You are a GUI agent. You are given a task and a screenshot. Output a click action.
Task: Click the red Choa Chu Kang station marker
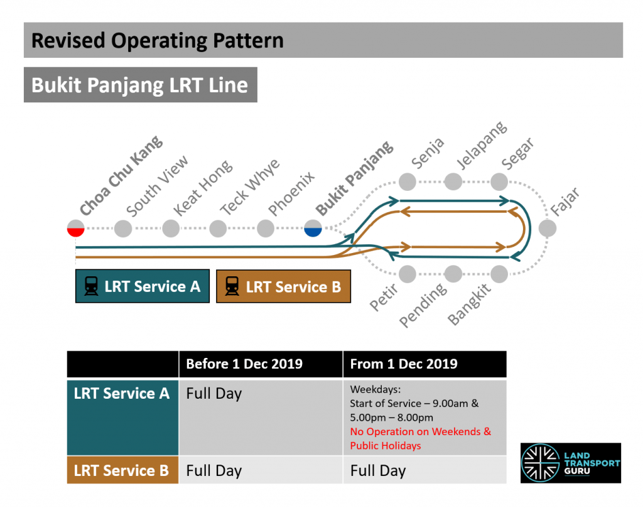pyautogui.click(x=76, y=229)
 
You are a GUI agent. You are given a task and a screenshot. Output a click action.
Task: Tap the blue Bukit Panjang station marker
pyautogui.click(x=313, y=229)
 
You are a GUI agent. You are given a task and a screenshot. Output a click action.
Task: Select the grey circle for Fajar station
pyautogui.click(x=548, y=229)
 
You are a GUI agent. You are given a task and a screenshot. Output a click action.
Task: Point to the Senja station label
pyautogui.click(x=428, y=153)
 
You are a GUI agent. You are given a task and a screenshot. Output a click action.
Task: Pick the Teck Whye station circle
pyautogui.click(x=218, y=229)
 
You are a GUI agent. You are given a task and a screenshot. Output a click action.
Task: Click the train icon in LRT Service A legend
pyautogui.click(x=91, y=287)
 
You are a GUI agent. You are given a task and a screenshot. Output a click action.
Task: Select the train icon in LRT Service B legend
pyautogui.click(x=232, y=287)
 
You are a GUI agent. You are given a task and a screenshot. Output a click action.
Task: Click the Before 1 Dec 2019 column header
pyautogui.click(x=244, y=364)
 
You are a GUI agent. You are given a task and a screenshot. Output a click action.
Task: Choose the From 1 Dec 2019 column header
pyautogui.click(x=404, y=364)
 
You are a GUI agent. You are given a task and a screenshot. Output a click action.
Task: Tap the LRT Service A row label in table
pyautogui.click(x=122, y=394)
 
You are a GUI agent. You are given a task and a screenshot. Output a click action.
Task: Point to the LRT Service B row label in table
pyautogui.click(x=122, y=470)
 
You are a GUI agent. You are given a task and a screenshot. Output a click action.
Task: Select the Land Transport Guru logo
pyautogui.click(x=570, y=463)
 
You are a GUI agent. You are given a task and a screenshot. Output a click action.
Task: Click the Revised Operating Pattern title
pyautogui.click(x=158, y=41)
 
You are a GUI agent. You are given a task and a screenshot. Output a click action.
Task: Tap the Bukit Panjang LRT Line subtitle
pyautogui.click(x=140, y=85)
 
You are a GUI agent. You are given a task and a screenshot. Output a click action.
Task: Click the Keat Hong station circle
pyautogui.click(x=171, y=229)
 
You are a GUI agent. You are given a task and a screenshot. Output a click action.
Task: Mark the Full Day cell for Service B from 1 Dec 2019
pyautogui.click(x=378, y=470)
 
